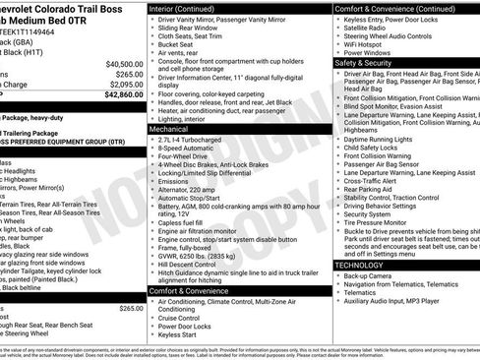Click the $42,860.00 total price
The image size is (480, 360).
coord(115,95)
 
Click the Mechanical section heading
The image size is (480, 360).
coord(170,129)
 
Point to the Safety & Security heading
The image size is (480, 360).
coord(370,62)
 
